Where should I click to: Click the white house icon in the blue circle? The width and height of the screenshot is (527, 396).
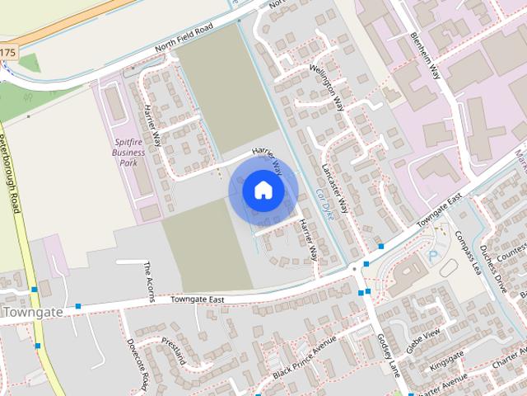tap(263, 190)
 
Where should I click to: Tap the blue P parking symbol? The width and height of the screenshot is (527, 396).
tap(433, 257)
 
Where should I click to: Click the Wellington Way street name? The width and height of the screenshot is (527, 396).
tap(327, 87)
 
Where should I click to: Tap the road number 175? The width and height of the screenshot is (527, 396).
tap(7, 53)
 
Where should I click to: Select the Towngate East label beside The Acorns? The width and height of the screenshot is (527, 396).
tap(198, 299)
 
